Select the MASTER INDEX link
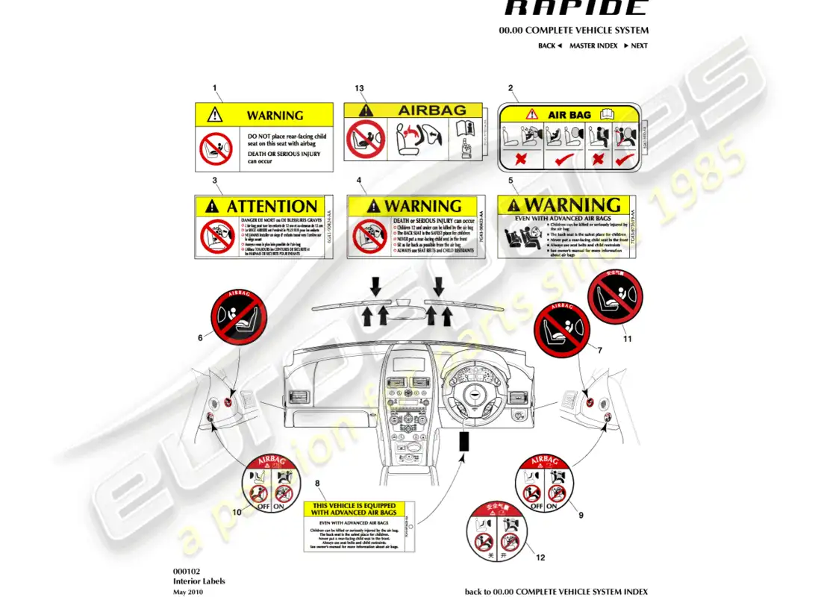(x=593, y=46)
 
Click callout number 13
(x=360, y=88)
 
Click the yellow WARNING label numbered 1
(x=264, y=137)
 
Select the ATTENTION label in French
(x=264, y=227)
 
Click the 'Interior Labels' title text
(x=199, y=581)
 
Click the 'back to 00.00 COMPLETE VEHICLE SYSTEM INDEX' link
(x=556, y=591)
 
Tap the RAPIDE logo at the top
(x=575, y=9)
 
